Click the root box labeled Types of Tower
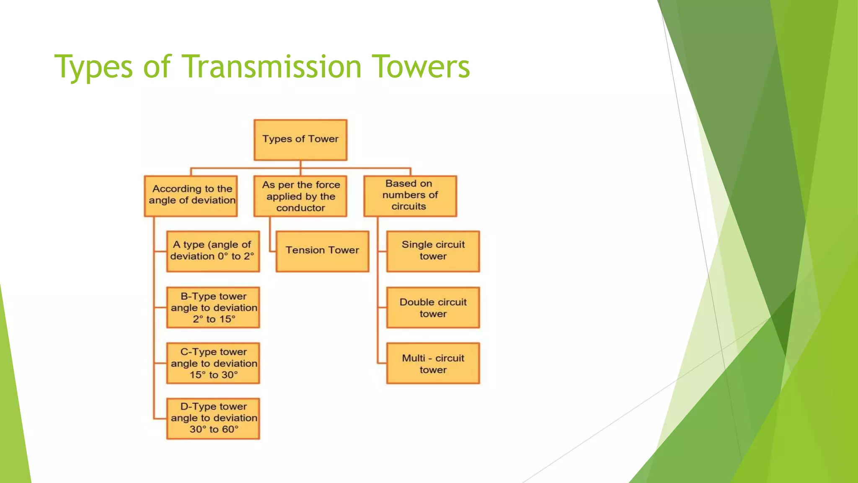(x=300, y=140)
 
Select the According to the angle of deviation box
(x=191, y=196)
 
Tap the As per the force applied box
(x=300, y=196)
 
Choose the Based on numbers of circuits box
(x=410, y=196)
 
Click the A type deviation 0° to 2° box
(x=213, y=251)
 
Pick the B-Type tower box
(x=213, y=307)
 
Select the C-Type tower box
(x=213, y=363)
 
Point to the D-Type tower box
(x=213, y=418)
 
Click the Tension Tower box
(x=322, y=251)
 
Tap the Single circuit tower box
(x=433, y=251)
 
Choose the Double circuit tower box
(x=433, y=307)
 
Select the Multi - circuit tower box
(x=433, y=363)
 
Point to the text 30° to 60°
(x=214, y=429)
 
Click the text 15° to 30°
(x=214, y=375)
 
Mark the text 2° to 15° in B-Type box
(x=214, y=319)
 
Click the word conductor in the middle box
(x=300, y=208)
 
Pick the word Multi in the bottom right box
(x=413, y=358)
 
